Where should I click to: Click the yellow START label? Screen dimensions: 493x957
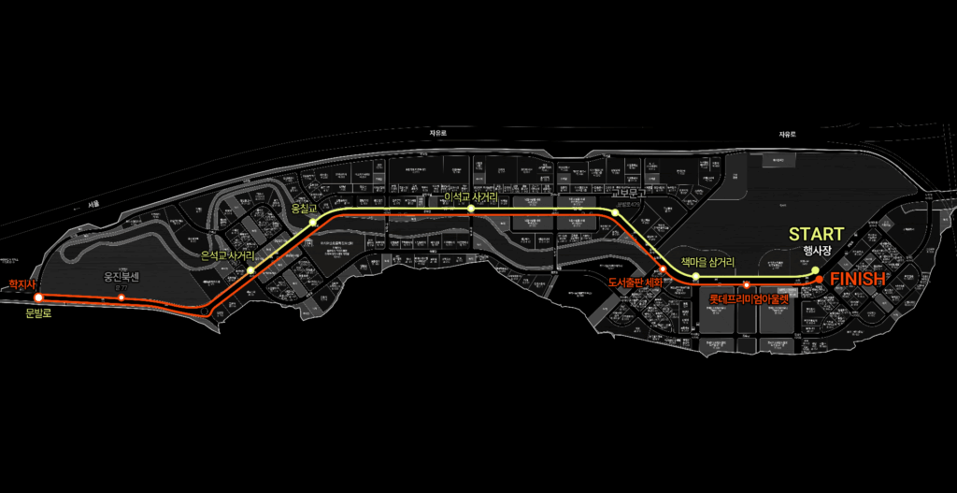click(x=817, y=234)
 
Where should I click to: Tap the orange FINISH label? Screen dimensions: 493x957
click(x=858, y=279)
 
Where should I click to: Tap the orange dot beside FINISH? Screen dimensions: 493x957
click(x=819, y=279)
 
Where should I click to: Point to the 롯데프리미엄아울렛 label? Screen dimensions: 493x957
click(x=749, y=299)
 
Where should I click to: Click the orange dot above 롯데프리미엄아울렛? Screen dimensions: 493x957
click(x=747, y=284)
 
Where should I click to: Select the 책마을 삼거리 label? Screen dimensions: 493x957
click(x=707, y=263)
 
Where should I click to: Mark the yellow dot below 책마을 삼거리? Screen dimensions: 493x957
click(x=695, y=277)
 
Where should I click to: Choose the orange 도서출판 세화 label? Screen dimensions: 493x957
click(x=635, y=283)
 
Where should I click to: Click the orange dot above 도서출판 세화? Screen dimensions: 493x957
click(x=664, y=269)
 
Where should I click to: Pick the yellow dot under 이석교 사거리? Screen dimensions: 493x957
click(x=472, y=210)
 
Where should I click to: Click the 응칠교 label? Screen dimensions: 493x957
click(x=306, y=209)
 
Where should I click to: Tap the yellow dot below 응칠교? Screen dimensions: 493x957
click(x=314, y=223)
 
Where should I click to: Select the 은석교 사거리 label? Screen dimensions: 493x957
click(x=228, y=254)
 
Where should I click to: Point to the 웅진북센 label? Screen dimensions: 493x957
click(x=121, y=277)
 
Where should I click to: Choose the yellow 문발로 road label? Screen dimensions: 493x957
click(x=38, y=313)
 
